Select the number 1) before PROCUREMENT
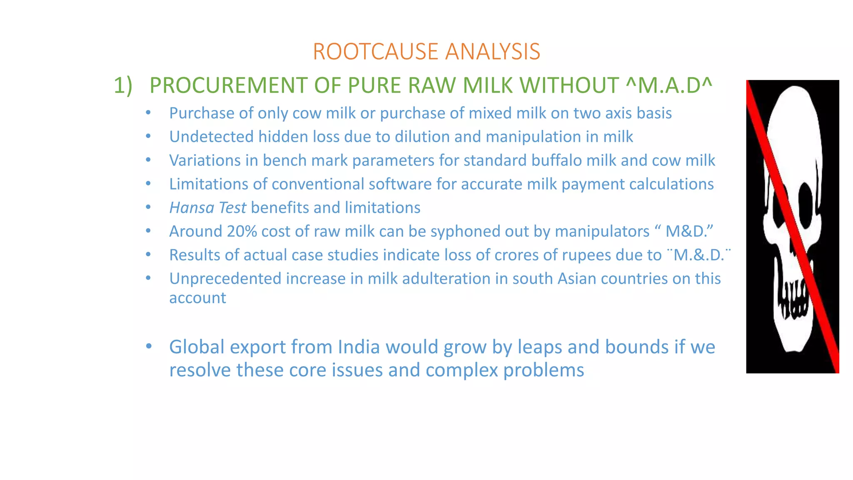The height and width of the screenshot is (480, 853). pos(123,85)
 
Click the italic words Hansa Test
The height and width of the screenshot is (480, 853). pos(207,207)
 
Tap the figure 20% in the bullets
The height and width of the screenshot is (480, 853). pos(242,231)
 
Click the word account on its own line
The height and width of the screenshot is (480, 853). pos(197,298)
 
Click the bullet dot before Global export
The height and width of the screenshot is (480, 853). pos(149,346)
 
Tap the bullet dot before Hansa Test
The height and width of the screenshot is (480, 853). pos(148,207)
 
